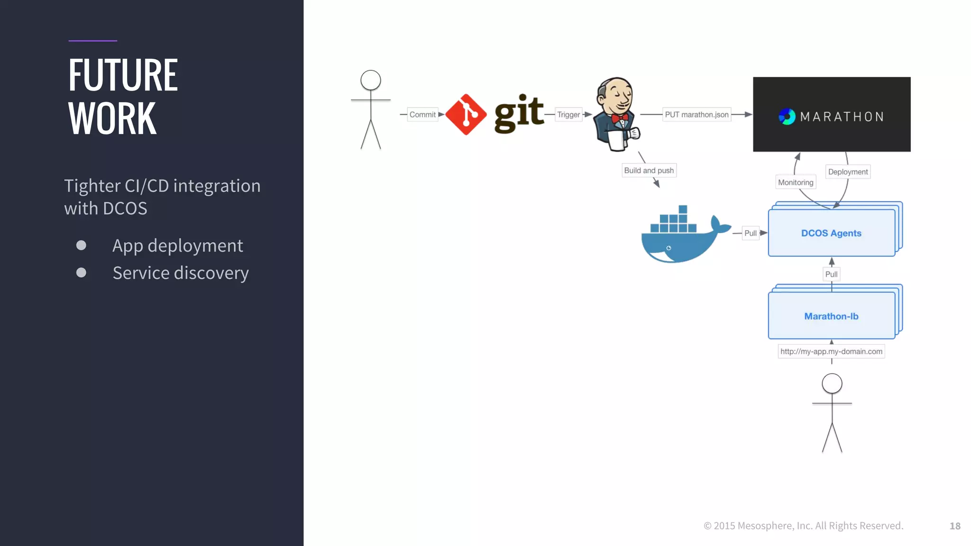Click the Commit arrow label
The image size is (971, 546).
pos(422,115)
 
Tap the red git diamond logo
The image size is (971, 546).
pos(466,115)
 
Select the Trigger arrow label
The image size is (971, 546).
pos(568,115)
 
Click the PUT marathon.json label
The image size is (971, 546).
pos(696,115)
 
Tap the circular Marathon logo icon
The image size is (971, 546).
pos(787,117)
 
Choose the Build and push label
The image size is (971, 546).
pos(649,171)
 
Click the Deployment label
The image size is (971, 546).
pos(848,172)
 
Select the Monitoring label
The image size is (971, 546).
pos(796,182)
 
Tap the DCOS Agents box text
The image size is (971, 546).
pos(831,233)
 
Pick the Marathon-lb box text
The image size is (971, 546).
pos(831,316)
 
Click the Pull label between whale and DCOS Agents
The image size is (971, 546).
pos(750,233)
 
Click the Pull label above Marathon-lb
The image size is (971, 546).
pos(831,274)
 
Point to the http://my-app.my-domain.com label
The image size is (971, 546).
pos(831,352)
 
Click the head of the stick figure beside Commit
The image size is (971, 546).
pos(371,80)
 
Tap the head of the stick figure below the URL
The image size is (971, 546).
pos(832,383)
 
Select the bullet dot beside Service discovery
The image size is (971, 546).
pos(82,273)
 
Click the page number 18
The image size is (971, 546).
pos(955,526)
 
